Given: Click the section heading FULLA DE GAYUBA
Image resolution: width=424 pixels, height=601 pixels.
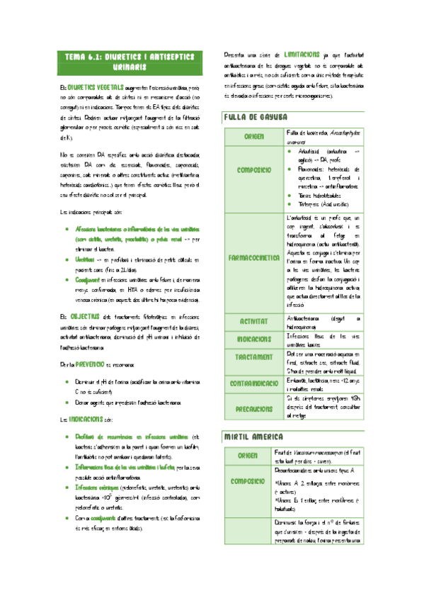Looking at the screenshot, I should click(x=255, y=117).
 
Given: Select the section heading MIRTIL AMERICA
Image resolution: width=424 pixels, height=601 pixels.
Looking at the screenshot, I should click(x=253, y=435).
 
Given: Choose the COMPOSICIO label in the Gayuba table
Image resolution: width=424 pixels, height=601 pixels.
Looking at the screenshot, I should click(x=252, y=171).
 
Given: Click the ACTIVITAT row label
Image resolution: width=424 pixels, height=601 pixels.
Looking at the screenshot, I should click(x=252, y=321).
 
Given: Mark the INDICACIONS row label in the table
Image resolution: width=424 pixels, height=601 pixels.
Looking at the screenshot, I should click(x=252, y=339).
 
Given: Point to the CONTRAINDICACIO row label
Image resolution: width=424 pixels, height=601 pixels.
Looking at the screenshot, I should click(x=253, y=383).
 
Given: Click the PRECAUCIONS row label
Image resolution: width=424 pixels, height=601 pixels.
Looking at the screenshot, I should click(x=252, y=408).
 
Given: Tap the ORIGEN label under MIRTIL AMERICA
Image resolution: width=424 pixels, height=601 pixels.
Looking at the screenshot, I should click(x=252, y=456).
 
